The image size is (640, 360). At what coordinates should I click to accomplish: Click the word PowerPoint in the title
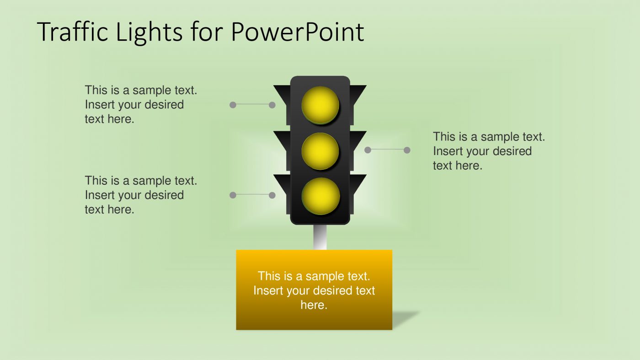(x=297, y=32)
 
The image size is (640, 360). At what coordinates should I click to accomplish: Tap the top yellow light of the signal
(x=320, y=105)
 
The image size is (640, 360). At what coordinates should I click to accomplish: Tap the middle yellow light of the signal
(x=320, y=150)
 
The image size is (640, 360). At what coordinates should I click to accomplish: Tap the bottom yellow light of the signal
(x=320, y=196)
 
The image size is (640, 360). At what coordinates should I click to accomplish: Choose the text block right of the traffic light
(x=489, y=151)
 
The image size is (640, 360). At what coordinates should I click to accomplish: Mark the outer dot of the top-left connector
(x=233, y=105)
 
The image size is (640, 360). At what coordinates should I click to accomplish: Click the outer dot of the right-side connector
(x=407, y=150)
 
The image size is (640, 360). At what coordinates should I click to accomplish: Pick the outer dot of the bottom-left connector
(x=233, y=195)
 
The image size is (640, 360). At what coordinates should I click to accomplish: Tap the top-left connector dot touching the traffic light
(x=272, y=105)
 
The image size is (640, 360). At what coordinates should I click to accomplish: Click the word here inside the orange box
(x=314, y=305)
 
